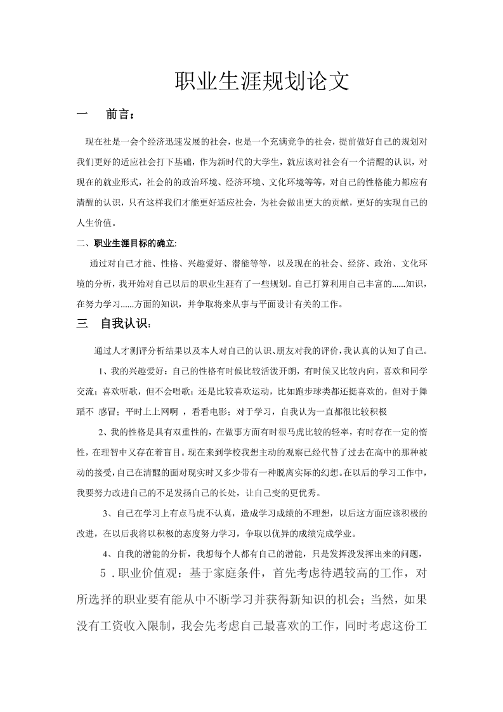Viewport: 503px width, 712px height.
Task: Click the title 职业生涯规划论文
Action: [261, 82]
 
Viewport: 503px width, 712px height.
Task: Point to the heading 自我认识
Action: [124, 324]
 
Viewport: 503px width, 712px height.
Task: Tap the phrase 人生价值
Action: [96, 223]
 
